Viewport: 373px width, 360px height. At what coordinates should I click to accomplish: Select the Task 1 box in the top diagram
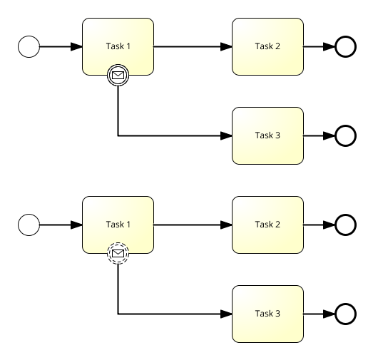click(118, 46)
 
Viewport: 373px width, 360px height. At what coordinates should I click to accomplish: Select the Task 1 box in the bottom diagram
click(118, 225)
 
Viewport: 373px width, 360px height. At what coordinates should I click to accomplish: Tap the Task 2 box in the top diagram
click(267, 46)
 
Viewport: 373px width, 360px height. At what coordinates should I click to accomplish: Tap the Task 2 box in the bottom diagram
click(267, 225)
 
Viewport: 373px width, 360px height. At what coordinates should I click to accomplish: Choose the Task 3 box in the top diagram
click(267, 135)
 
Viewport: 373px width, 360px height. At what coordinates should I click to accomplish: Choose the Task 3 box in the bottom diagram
click(267, 314)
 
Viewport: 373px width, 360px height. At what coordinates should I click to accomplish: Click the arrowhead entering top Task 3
click(226, 135)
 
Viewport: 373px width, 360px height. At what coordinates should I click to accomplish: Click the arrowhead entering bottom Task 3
click(226, 314)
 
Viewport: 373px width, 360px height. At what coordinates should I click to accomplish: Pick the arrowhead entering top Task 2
click(226, 46)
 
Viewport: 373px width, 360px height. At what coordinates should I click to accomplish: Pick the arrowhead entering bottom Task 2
click(226, 225)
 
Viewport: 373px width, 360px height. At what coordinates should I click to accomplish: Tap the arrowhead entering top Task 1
click(76, 46)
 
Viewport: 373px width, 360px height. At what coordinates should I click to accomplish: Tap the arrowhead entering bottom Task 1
click(76, 225)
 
